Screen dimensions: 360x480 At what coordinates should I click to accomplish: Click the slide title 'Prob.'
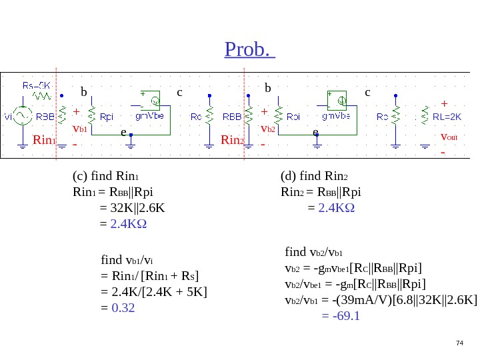(249, 49)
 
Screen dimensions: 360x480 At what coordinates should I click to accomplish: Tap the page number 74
(459, 343)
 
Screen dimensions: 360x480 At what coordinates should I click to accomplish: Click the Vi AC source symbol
(23, 117)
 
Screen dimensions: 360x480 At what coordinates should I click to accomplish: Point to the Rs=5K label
(37, 85)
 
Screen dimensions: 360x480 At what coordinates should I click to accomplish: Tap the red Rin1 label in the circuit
(43, 140)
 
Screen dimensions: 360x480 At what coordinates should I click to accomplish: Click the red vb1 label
(79, 127)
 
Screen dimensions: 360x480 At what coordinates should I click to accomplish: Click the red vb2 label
(268, 127)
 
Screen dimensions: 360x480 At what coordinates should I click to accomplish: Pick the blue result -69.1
(341, 315)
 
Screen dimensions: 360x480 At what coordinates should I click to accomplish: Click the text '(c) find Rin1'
(106, 177)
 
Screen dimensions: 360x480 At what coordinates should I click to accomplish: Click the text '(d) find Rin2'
(315, 177)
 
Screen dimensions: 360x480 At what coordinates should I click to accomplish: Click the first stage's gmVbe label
(151, 115)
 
